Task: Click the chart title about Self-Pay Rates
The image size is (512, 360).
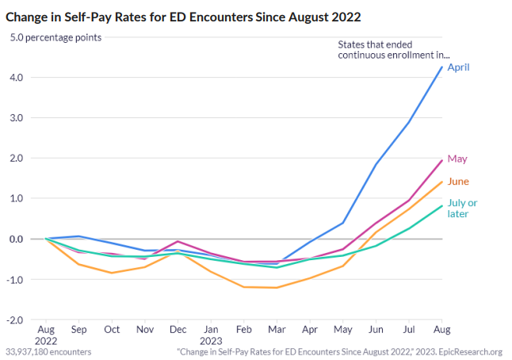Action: click(185, 15)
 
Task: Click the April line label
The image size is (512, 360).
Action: click(458, 67)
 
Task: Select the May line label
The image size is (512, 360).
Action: click(457, 159)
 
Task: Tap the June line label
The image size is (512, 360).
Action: click(458, 182)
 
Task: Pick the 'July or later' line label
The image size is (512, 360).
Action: click(462, 208)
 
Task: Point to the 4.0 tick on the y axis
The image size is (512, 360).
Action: click(17, 78)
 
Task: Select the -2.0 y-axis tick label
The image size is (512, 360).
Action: click(15, 320)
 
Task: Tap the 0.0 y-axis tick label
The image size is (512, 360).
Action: click(17, 239)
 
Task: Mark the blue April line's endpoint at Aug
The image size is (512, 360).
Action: click(442, 67)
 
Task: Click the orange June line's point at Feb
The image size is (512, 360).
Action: click(243, 287)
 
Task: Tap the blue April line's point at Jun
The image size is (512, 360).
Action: click(376, 164)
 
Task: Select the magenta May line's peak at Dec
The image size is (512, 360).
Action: click(178, 241)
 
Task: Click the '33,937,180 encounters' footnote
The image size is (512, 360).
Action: click(48, 351)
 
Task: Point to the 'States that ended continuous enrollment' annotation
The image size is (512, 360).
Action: click(394, 49)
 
